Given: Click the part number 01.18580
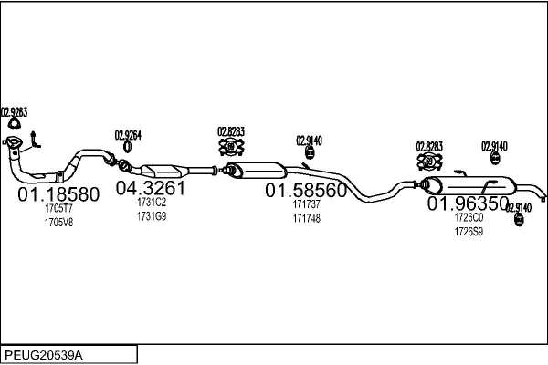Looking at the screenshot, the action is click(58, 195).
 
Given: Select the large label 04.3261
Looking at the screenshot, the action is click(149, 189).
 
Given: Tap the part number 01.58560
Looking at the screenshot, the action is click(306, 192).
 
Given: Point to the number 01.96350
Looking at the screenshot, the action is click(469, 204).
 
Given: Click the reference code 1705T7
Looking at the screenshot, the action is click(58, 208).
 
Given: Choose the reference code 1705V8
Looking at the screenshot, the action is click(58, 220).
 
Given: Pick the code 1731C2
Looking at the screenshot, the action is click(151, 203).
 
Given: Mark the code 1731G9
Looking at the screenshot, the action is click(151, 215).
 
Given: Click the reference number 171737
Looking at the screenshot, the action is click(306, 206).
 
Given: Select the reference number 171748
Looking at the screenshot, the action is click(306, 219).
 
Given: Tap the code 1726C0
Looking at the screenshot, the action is click(468, 219).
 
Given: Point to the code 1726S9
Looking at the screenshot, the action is click(468, 232).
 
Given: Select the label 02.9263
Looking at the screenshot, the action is click(14, 113).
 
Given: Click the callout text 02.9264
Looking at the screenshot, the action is click(128, 136).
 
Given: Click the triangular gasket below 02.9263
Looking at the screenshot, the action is click(13, 125).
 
